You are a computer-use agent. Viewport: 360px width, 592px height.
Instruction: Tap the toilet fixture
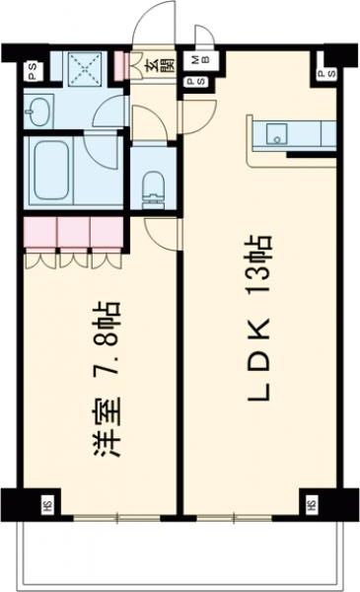tap(153, 185)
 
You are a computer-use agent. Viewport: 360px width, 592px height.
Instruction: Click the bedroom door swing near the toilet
tap(163, 232)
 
